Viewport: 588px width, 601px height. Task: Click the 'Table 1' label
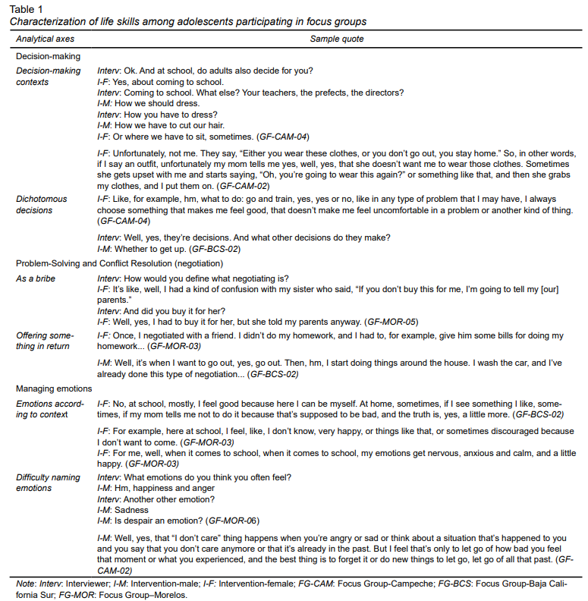pos(27,10)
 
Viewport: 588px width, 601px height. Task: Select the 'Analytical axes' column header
pos(44,39)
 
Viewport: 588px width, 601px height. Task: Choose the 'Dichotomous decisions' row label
pos(42,205)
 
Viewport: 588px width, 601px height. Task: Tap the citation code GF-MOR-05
pos(391,321)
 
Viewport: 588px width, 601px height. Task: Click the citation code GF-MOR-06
pos(233,521)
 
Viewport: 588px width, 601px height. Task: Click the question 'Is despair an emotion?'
pos(157,521)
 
